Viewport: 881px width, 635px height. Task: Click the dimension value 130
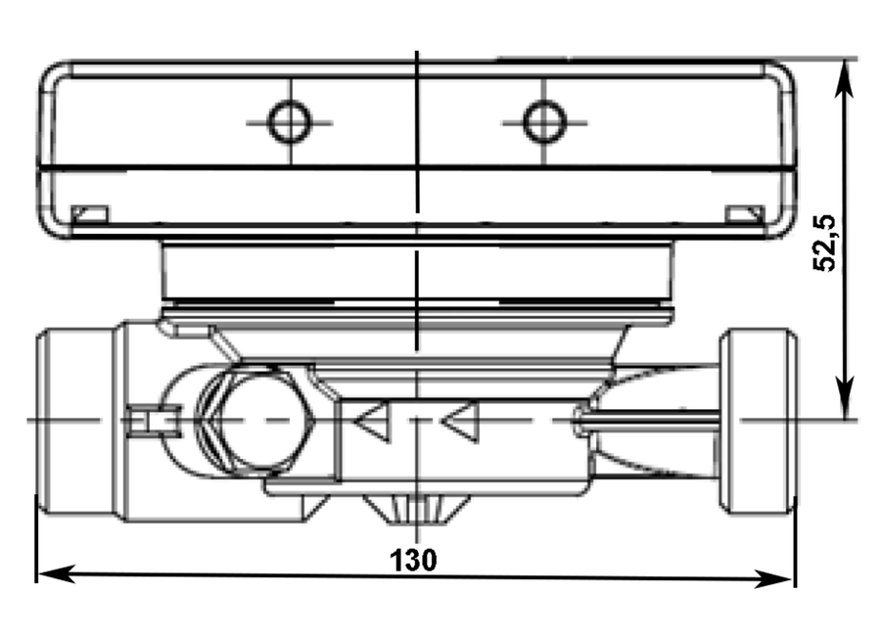[413, 560]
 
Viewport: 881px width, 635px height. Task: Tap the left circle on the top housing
[290, 122]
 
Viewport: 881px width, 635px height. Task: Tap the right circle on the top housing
[544, 122]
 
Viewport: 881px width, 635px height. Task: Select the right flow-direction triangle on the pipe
[461, 421]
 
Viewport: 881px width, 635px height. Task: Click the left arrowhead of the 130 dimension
[56, 574]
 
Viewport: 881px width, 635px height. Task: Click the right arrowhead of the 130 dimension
[774, 579]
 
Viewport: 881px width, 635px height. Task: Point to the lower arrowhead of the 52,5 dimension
[844, 397]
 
